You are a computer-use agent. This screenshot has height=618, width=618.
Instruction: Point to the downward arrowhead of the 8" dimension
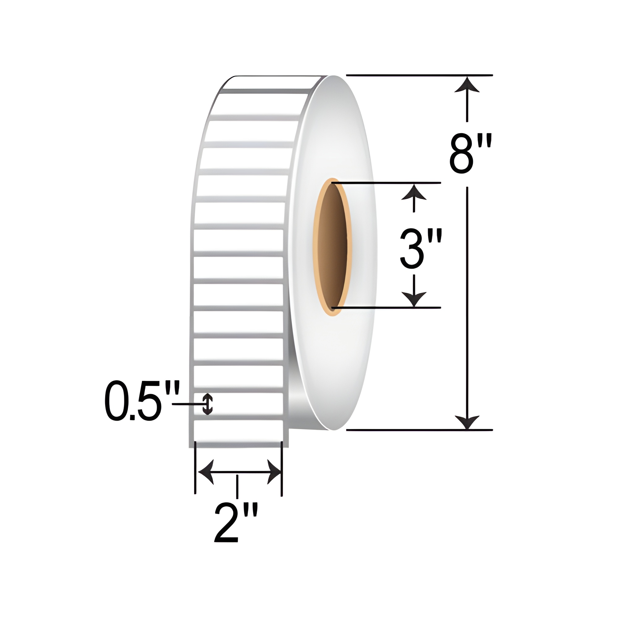[467, 421]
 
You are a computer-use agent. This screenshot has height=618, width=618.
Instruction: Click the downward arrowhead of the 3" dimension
[414, 299]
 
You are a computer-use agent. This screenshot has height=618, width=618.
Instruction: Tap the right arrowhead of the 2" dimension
[274, 472]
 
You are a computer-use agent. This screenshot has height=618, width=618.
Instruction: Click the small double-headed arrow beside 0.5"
[208, 404]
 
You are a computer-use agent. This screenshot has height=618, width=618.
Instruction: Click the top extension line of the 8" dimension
[419, 75]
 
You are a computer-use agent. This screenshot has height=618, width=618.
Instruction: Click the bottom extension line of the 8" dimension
[419, 430]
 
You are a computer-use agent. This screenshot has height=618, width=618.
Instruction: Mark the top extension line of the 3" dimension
[387, 183]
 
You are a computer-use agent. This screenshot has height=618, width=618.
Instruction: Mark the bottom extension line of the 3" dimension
[387, 308]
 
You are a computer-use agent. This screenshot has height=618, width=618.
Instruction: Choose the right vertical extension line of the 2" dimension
[281, 469]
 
